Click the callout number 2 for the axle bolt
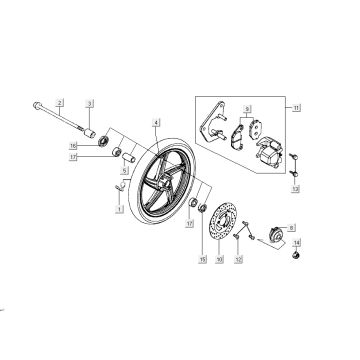[x=60, y=103]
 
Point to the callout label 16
[x=102, y=145]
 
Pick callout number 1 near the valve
[x=118, y=210]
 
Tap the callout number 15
[x=203, y=259]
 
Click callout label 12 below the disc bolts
[x=238, y=259]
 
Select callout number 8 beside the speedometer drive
[x=293, y=229]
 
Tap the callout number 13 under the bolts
[x=294, y=188]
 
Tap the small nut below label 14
[x=297, y=259]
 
